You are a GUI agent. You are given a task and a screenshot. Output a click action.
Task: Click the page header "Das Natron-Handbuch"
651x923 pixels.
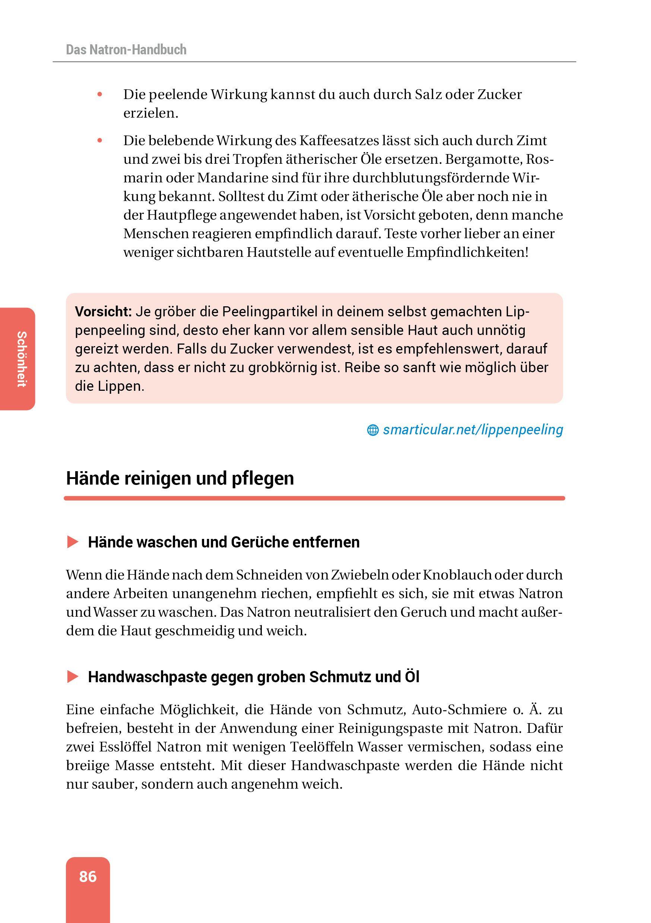[x=126, y=50]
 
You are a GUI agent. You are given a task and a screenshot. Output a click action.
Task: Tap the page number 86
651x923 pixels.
[x=88, y=876]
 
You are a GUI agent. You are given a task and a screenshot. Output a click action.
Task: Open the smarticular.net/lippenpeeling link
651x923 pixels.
[x=472, y=430]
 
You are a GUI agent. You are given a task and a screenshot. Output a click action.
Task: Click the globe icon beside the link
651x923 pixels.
[x=372, y=431]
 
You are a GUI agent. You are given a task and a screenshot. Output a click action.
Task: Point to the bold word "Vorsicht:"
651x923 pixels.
[x=104, y=312]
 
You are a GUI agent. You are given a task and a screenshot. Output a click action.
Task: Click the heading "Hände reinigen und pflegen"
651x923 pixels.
[x=180, y=478]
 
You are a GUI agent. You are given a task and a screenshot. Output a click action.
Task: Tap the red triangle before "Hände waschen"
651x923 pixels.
[x=73, y=542]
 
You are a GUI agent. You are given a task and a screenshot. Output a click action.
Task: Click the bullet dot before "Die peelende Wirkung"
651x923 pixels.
[x=100, y=95]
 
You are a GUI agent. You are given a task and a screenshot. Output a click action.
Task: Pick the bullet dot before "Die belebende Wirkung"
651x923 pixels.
[x=100, y=141]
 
